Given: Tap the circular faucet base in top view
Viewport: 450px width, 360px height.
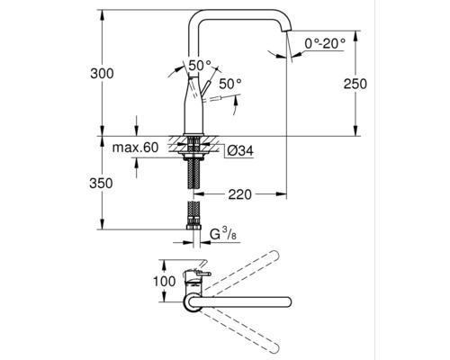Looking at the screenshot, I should (x=194, y=303).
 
